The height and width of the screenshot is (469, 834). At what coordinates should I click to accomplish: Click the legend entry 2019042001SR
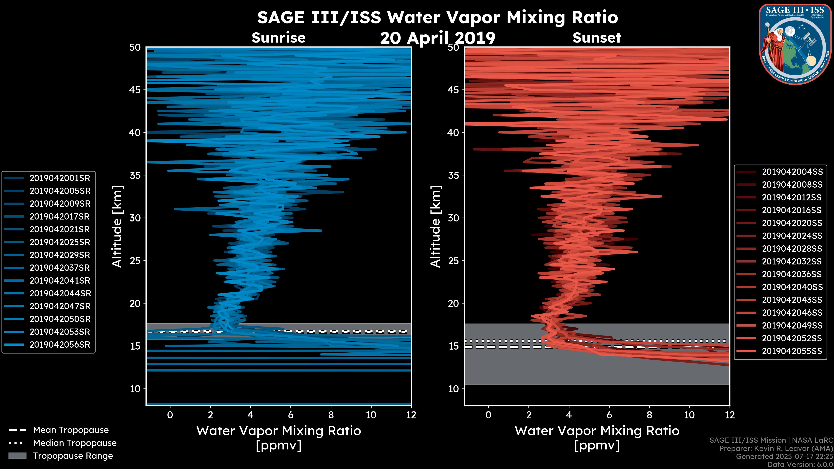coord(60,178)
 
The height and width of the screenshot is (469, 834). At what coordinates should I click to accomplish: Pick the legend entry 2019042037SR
coord(60,268)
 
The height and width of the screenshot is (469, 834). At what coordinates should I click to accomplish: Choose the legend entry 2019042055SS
coord(792,351)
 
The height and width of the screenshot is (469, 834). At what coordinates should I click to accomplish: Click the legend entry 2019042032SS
coord(792,261)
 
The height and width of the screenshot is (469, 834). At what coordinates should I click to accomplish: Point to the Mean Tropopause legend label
coord(71,430)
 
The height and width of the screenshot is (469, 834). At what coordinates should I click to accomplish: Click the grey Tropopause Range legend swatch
coord(17,456)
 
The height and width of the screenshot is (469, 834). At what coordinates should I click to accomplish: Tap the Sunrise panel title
coord(278,38)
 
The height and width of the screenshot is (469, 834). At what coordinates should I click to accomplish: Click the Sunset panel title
coord(597,38)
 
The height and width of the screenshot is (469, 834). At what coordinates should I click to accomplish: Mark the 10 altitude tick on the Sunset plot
coord(453,389)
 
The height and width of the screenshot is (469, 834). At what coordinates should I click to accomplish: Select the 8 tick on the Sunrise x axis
coord(331,415)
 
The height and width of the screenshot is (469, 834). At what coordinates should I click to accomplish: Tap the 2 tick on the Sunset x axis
coord(529,415)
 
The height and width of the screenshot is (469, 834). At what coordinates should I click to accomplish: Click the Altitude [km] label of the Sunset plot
coord(435,226)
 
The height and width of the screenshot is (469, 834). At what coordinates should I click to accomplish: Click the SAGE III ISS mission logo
coord(795,44)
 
